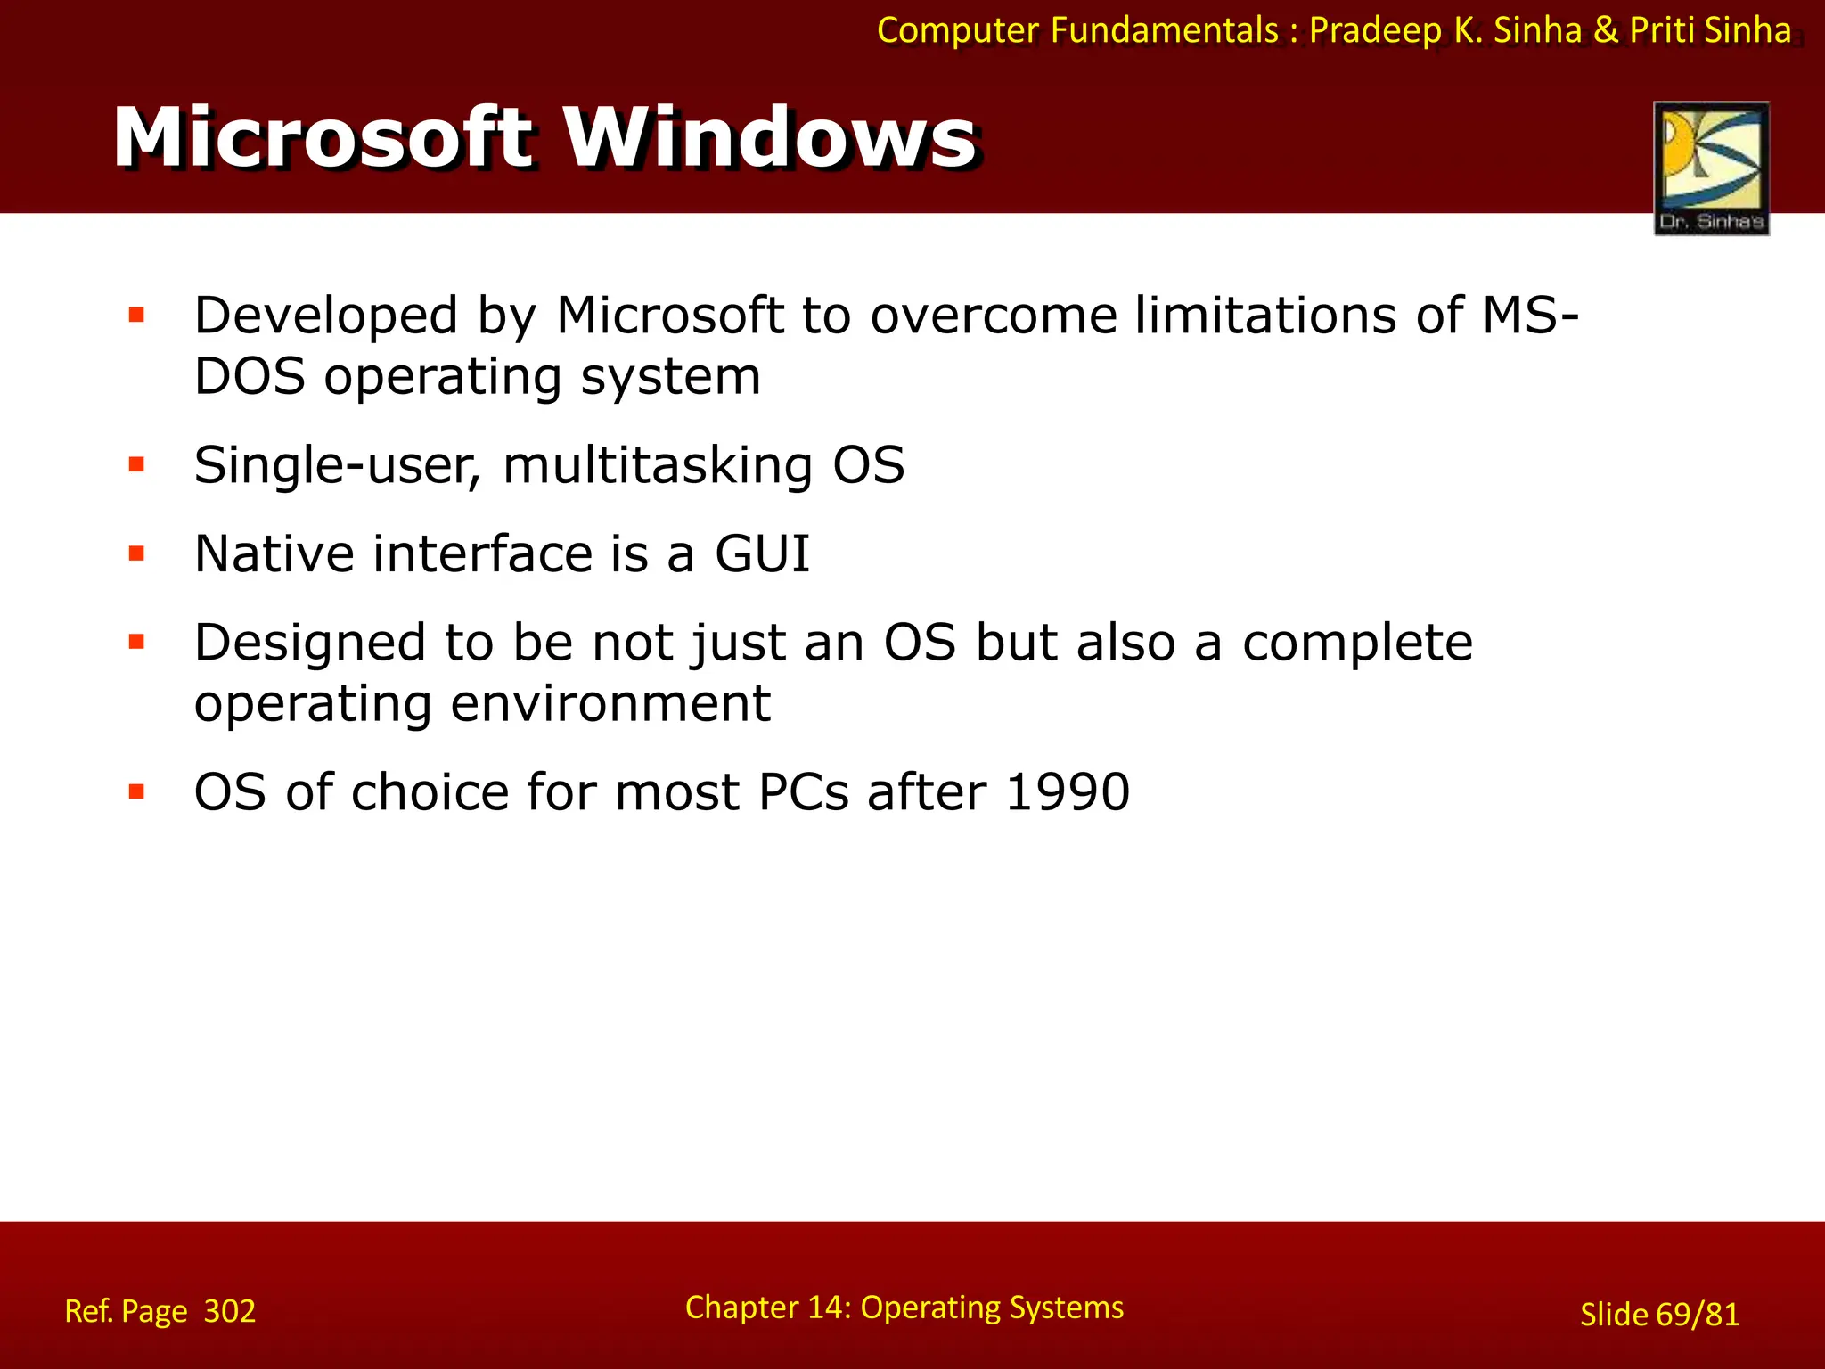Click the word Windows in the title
[x=772, y=138]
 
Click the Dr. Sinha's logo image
[x=1711, y=168]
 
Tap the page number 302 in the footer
[x=230, y=1311]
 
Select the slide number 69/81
[x=1698, y=1315]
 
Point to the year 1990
[x=1068, y=791]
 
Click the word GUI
[x=763, y=553]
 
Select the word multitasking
[x=658, y=466]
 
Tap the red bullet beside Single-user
[x=136, y=464]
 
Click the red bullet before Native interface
[x=136, y=553]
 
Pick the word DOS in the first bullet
[x=250, y=376]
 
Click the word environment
[x=610, y=703]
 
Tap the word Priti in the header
[x=1662, y=30]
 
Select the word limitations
[x=1265, y=316]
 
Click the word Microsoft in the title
[x=323, y=138]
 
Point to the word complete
[x=1357, y=643]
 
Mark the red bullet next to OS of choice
[x=136, y=791]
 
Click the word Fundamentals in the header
[x=1164, y=30]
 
